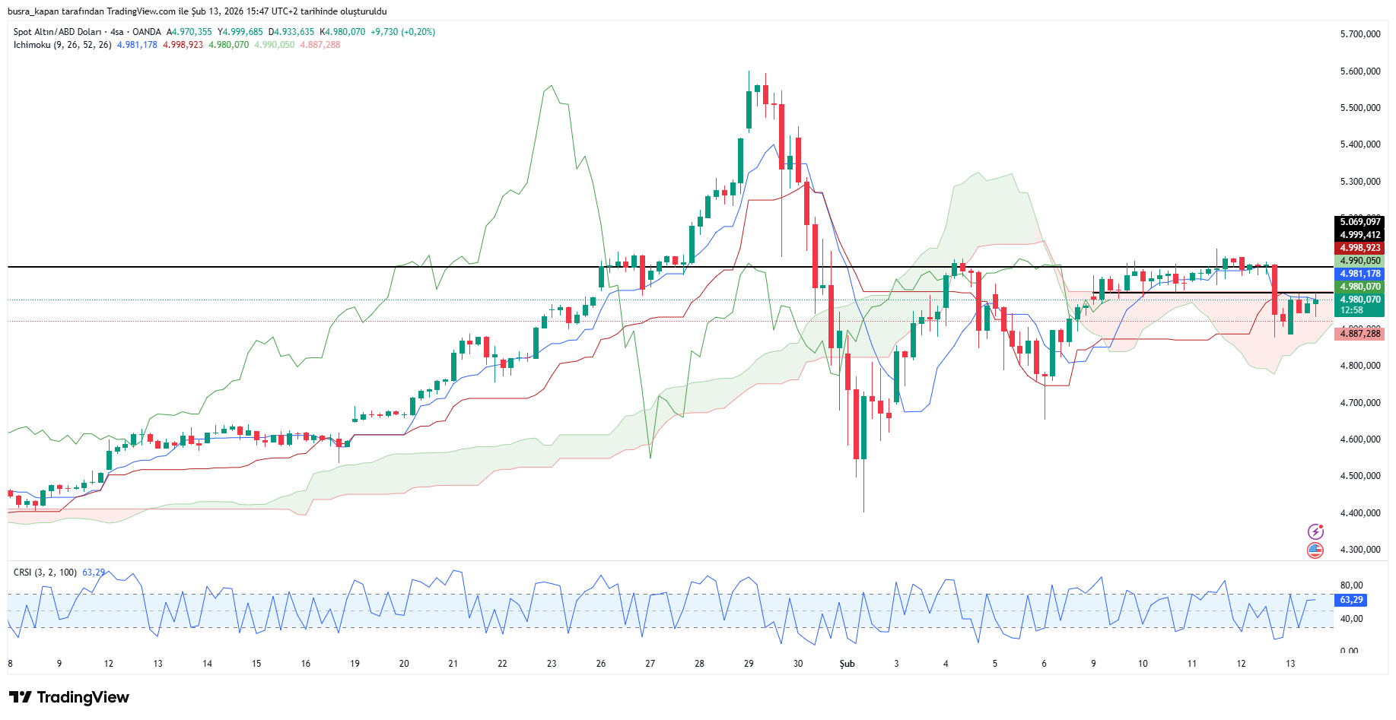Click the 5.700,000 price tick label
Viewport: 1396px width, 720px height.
click(x=1359, y=34)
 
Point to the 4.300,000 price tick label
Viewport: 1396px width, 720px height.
click(x=1359, y=550)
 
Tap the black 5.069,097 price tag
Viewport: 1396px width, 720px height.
click(x=1359, y=222)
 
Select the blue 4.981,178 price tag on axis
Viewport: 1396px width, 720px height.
click(x=1359, y=274)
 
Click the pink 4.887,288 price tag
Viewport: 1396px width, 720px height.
click(x=1359, y=334)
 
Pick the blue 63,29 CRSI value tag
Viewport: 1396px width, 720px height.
click(x=1351, y=600)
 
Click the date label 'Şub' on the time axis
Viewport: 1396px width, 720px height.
click(x=847, y=664)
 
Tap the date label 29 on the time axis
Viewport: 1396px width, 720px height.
click(x=749, y=664)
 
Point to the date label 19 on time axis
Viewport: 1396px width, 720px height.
click(x=355, y=664)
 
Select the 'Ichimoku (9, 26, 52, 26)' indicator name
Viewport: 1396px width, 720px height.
click(x=62, y=45)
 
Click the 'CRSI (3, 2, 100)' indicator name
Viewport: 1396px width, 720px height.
click(x=45, y=573)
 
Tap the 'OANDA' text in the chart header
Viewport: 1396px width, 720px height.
click(x=147, y=32)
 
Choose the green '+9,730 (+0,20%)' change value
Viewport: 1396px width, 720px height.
click(x=402, y=32)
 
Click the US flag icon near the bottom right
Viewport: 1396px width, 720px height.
click(x=1315, y=550)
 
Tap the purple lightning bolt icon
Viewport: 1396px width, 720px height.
click(x=1315, y=531)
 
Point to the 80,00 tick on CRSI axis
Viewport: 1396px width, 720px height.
click(x=1351, y=585)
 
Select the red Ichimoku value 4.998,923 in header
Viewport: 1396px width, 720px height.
click(x=183, y=45)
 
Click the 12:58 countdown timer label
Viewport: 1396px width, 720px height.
click(x=1351, y=310)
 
